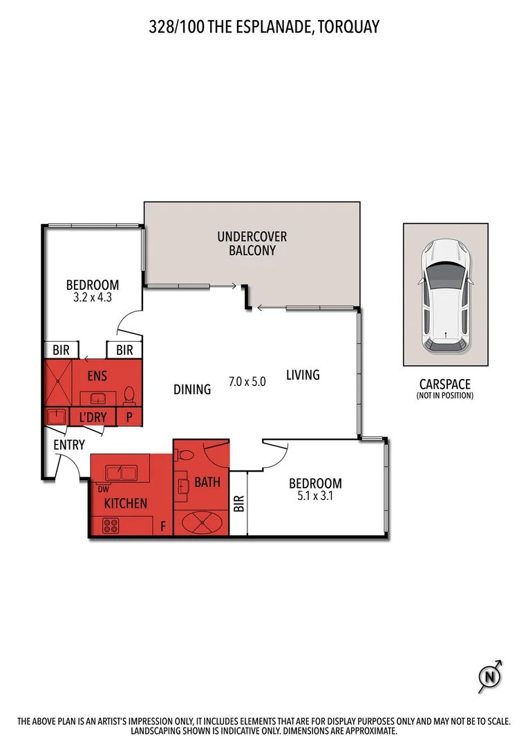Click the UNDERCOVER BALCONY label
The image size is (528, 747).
click(x=252, y=243)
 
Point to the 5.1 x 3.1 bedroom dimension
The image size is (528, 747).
click(x=314, y=495)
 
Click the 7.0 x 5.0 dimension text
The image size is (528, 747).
click(x=247, y=381)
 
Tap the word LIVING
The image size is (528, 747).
click(x=303, y=375)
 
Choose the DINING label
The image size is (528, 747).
click(x=192, y=389)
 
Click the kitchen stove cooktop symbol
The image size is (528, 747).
click(x=111, y=526)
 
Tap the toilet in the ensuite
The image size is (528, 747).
click(x=129, y=396)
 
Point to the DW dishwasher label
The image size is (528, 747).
click(x=104, y=488)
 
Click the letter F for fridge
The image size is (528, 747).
click(x=163, y=526)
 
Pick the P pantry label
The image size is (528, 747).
click(x=129, y=417)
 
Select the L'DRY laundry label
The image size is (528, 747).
click(x=92, y=417)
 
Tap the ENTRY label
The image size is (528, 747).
click(x=68, y=445)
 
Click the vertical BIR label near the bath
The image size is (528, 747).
click(x=238, y=503)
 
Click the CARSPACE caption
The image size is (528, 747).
click(x=444, y=384)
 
